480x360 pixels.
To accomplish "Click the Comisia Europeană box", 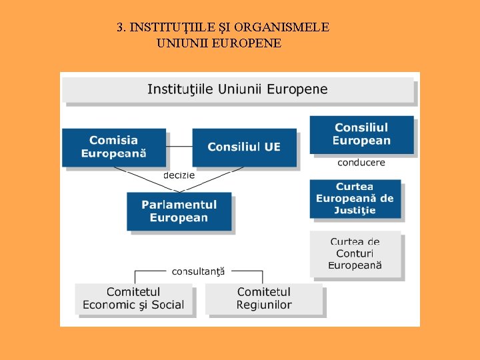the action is point(113,147).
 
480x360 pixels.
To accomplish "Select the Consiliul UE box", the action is point(244,147).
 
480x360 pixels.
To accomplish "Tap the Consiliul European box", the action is point(361,135).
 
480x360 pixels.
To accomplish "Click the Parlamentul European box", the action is point(179,211).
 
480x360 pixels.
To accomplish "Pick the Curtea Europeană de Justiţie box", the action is point(355,199).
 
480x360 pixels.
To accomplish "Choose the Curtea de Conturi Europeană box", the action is point(355,254).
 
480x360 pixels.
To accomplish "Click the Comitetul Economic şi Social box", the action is point(133,299).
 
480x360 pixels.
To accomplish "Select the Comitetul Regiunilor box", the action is point(264,299).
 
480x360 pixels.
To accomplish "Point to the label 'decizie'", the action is point(179,175).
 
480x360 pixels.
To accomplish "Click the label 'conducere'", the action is point(361,163).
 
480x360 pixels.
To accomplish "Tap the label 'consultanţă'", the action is point(199,271).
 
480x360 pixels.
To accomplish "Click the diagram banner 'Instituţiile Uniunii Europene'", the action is point(237,89).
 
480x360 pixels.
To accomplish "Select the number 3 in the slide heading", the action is point(120,28).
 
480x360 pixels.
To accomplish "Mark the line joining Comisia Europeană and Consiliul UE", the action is point(179,147).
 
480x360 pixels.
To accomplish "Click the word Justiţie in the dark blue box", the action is point(355,211).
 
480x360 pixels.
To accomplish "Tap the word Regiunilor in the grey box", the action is point(264,305).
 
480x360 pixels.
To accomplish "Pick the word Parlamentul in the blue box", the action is point(179,205).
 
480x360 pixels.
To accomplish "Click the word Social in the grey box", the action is point(167,305).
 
